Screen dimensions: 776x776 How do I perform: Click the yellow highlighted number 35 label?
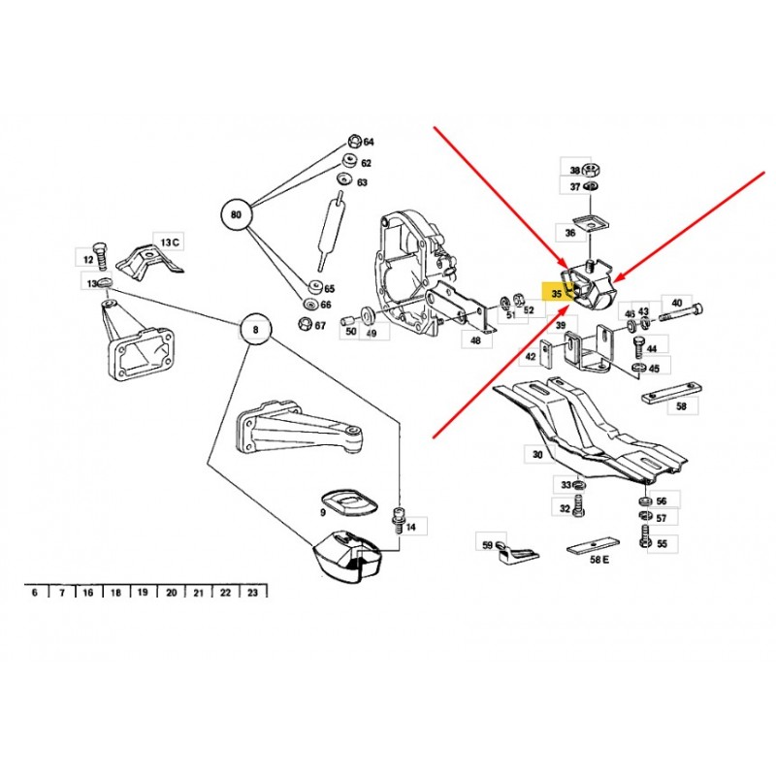tap(556, 293)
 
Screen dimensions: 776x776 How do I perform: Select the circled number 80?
tap(237, 214)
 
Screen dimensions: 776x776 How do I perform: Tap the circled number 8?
tap(255, 330)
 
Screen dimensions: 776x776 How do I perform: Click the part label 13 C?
tap(170, 242)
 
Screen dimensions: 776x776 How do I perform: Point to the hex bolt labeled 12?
tap(101, 255)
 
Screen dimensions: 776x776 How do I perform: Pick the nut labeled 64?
tap(354, 141)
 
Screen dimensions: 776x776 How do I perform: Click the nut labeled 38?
tap(589, 170)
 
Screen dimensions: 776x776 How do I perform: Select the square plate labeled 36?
tap(587, 222)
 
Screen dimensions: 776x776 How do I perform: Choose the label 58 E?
tap(598, 560)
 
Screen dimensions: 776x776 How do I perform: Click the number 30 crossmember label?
tap(537, 454)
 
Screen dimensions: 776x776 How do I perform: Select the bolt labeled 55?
tap(645, 537)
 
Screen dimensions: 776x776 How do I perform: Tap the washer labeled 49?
tap(369, 315)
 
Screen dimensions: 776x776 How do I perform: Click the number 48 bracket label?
tap(475, 340)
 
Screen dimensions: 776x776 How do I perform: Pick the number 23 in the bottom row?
tap(252, 593)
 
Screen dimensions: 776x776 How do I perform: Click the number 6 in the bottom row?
tap(34, 593)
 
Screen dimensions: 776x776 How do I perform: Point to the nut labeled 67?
tap(305, 324)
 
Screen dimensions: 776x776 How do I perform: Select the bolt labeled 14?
tap(398, 519)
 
